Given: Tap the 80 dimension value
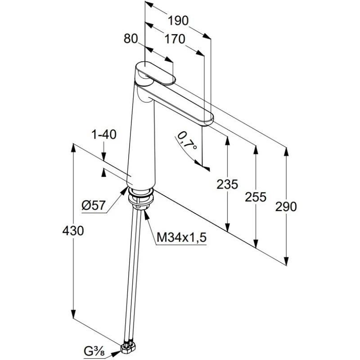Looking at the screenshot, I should tap(130, 39).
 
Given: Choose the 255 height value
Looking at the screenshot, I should tap(256, 197).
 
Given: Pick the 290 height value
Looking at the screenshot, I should tap(286, 207).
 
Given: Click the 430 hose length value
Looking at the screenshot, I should tap(73, 231).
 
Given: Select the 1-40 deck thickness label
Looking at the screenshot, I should tap(104, 134).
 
